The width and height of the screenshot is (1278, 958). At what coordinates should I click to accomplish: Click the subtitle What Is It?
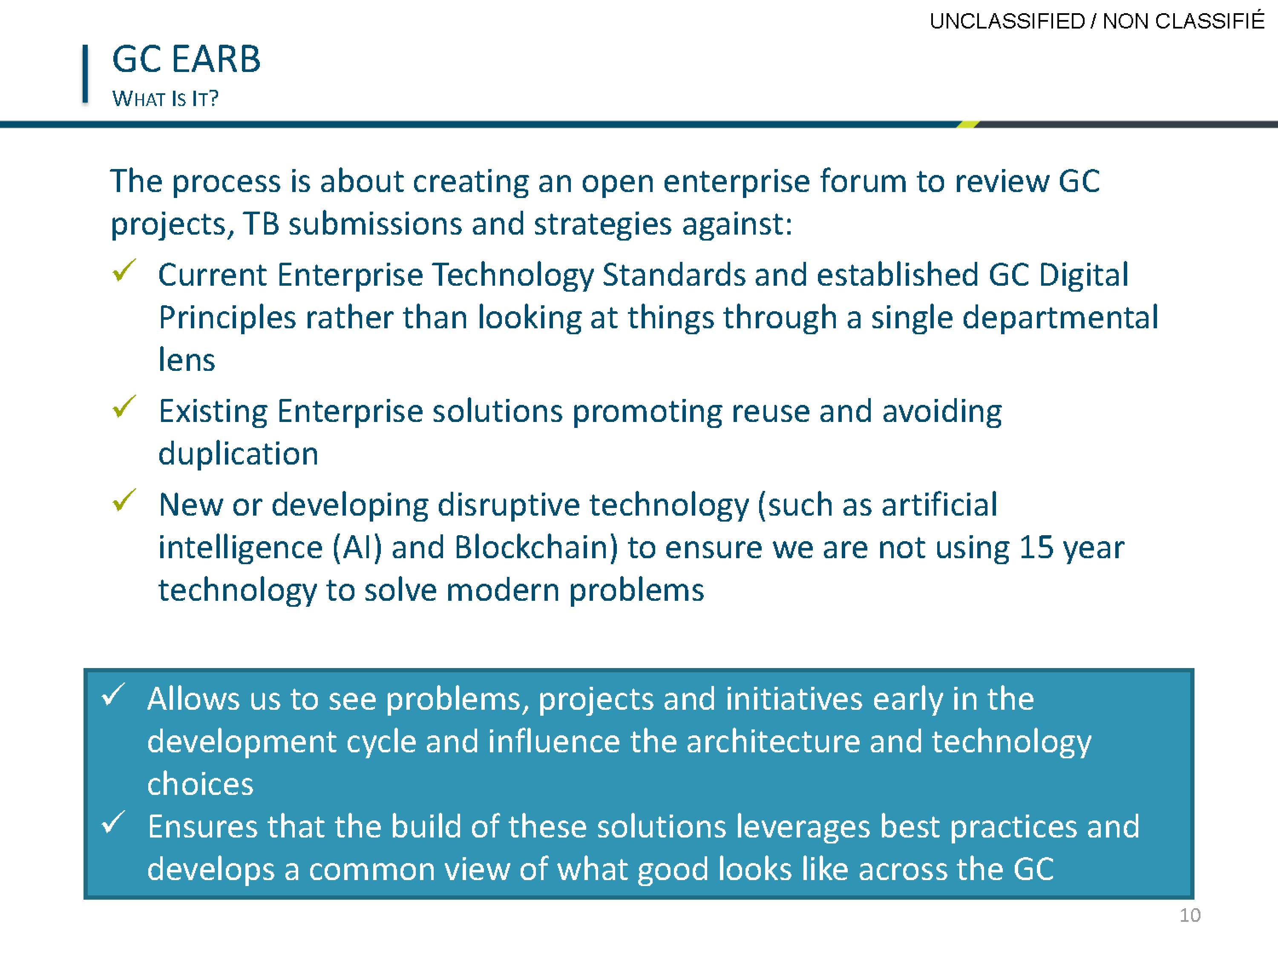(x=166, y=99)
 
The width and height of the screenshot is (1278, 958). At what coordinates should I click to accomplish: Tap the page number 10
(x=1189, y=916)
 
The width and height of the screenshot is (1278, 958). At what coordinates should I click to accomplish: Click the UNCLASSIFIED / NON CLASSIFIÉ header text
(x=1097, y=21)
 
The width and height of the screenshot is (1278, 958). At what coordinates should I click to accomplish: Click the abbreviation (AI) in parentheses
(x=358, y=548)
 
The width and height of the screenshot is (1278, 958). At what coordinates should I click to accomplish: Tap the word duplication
(x=239, y=454)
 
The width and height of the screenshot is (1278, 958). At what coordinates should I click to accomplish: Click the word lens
(x=187, y=360)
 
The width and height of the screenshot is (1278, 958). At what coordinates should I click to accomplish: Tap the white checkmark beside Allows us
(x=113, y=695)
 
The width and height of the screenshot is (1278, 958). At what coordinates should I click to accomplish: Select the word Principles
(x=227, y=318)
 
